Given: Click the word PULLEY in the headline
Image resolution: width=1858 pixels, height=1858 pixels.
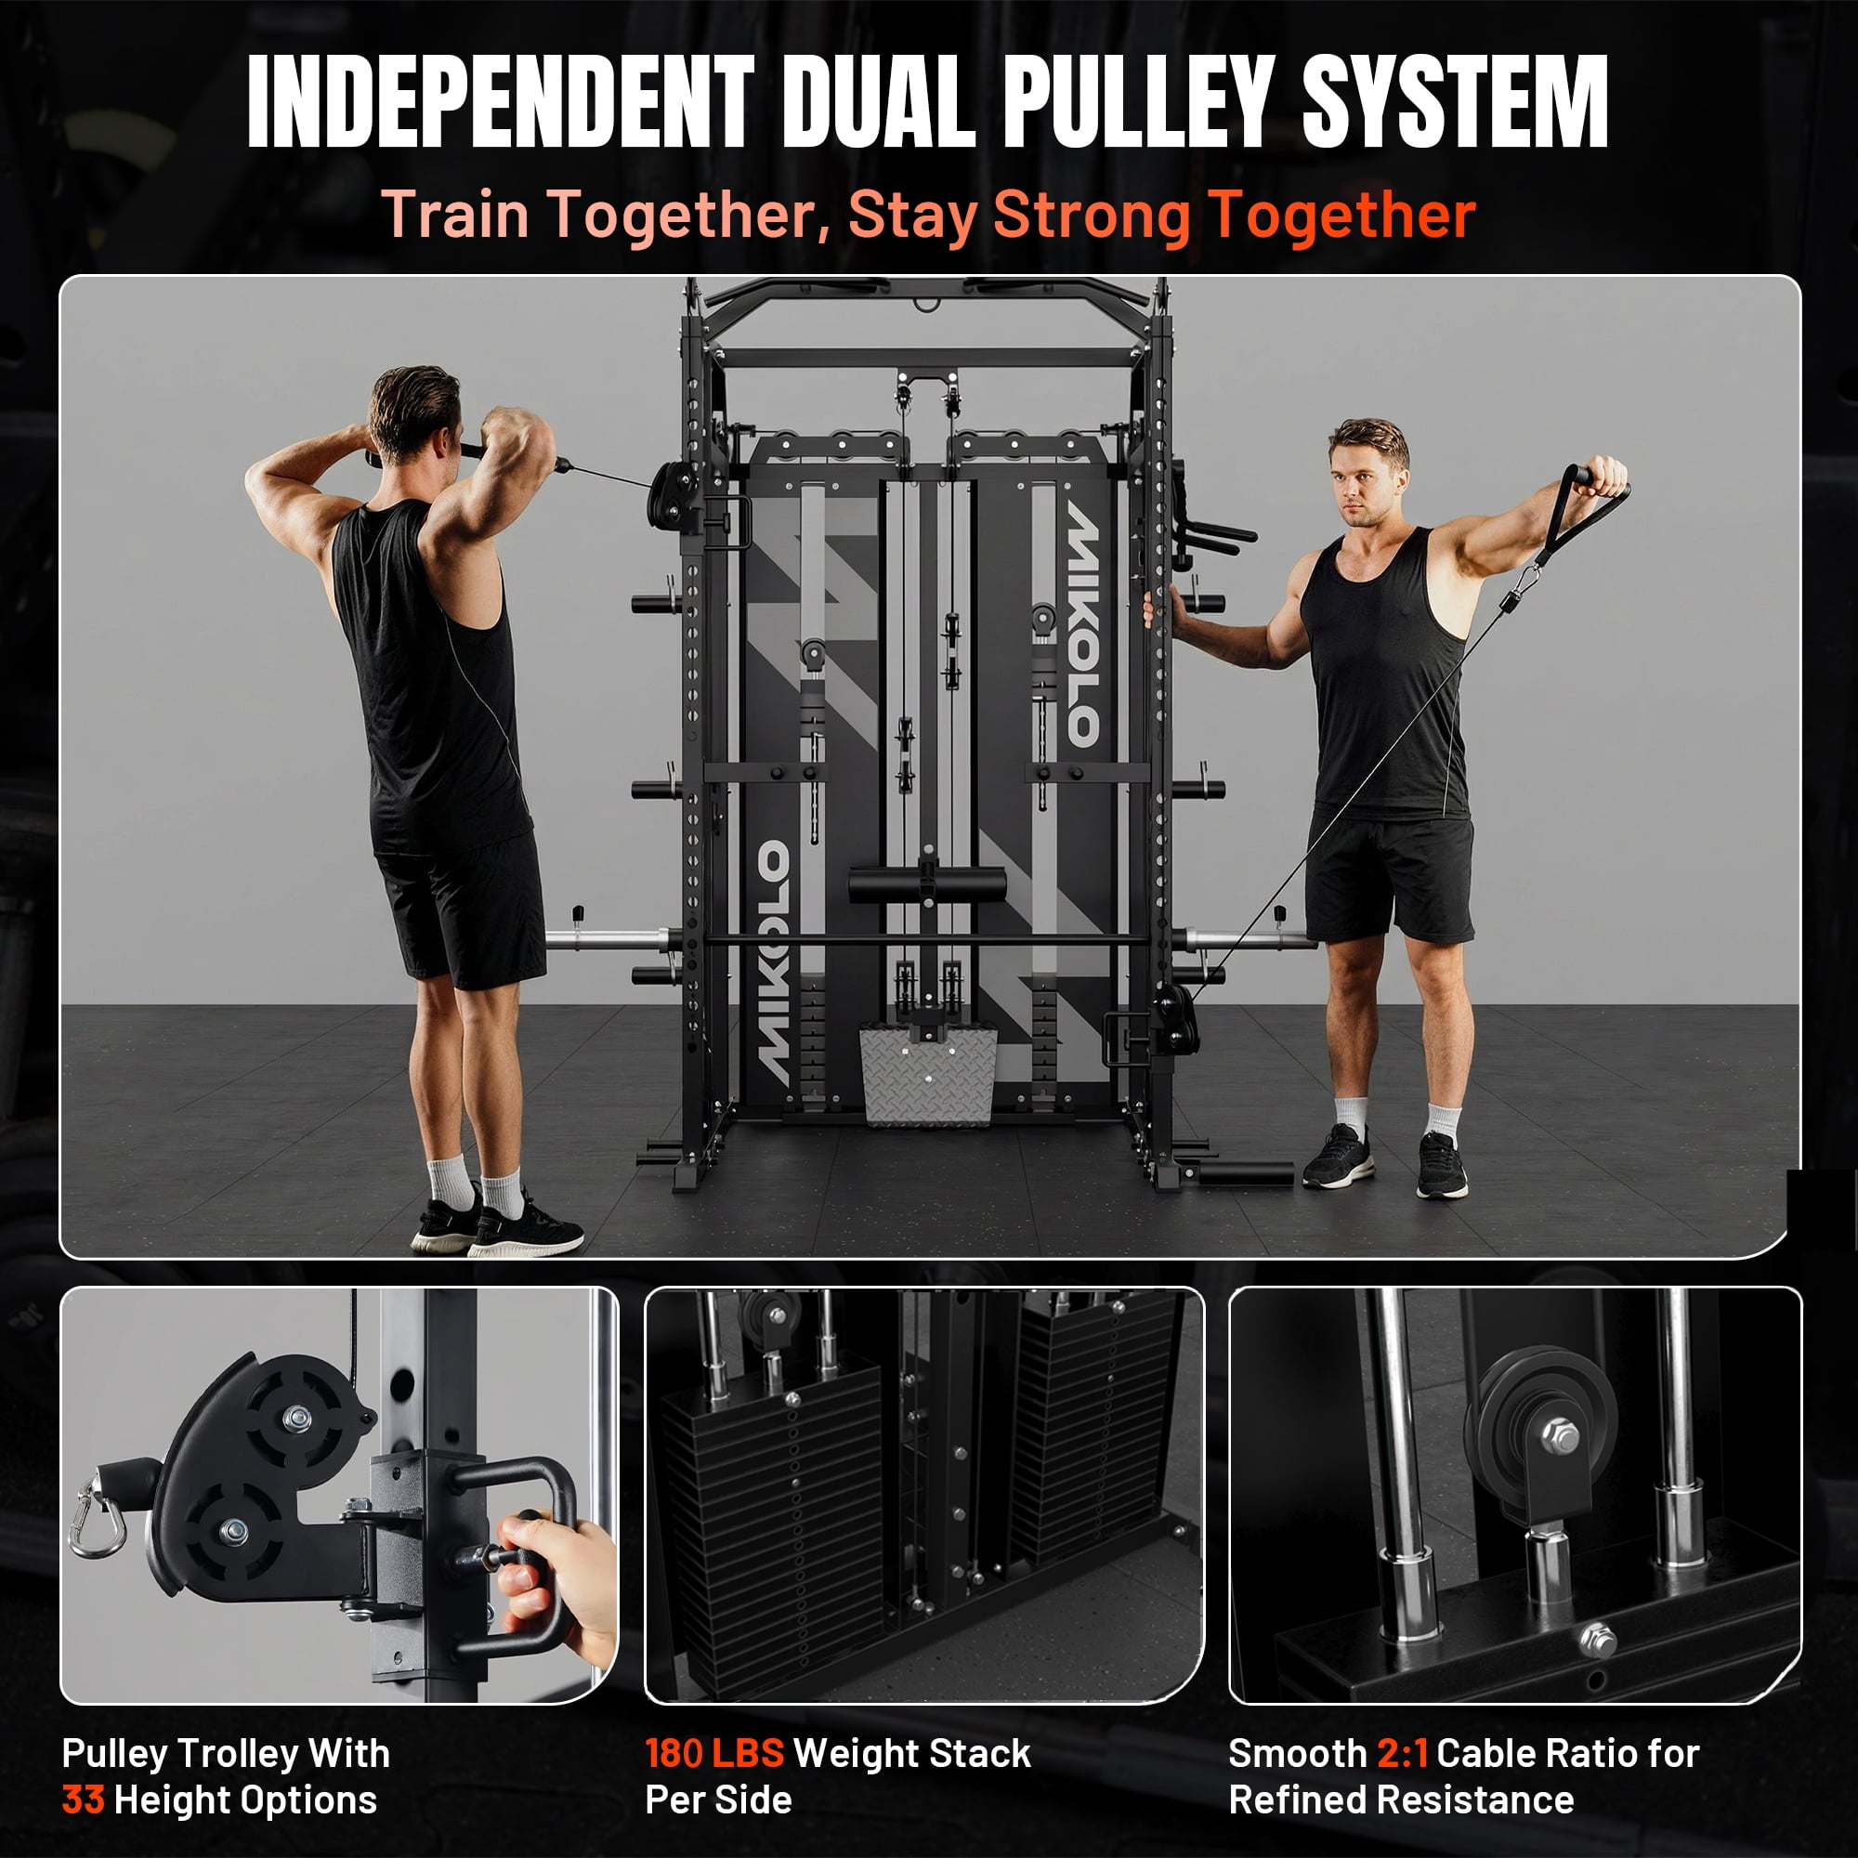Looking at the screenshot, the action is click(x=1143, y=101).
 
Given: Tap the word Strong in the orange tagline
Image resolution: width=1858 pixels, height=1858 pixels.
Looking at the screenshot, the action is click(x=1092, y=215).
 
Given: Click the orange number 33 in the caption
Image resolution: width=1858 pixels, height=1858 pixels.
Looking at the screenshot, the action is click(x=83, y=1799).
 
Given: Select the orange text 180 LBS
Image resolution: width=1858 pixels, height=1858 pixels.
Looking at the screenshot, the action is click(x=714, y=1753).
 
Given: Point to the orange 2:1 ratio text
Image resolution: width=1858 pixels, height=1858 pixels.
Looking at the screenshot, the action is click(x=1402, y=1753).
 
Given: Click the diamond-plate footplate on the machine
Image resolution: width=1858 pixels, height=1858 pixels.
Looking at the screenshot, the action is click(x=928, y=1072).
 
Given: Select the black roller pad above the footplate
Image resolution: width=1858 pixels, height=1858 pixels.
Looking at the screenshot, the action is click(x=927, y=883).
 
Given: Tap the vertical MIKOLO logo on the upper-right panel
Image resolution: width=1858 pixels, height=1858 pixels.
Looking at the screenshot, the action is click(x=1081, y=625).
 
